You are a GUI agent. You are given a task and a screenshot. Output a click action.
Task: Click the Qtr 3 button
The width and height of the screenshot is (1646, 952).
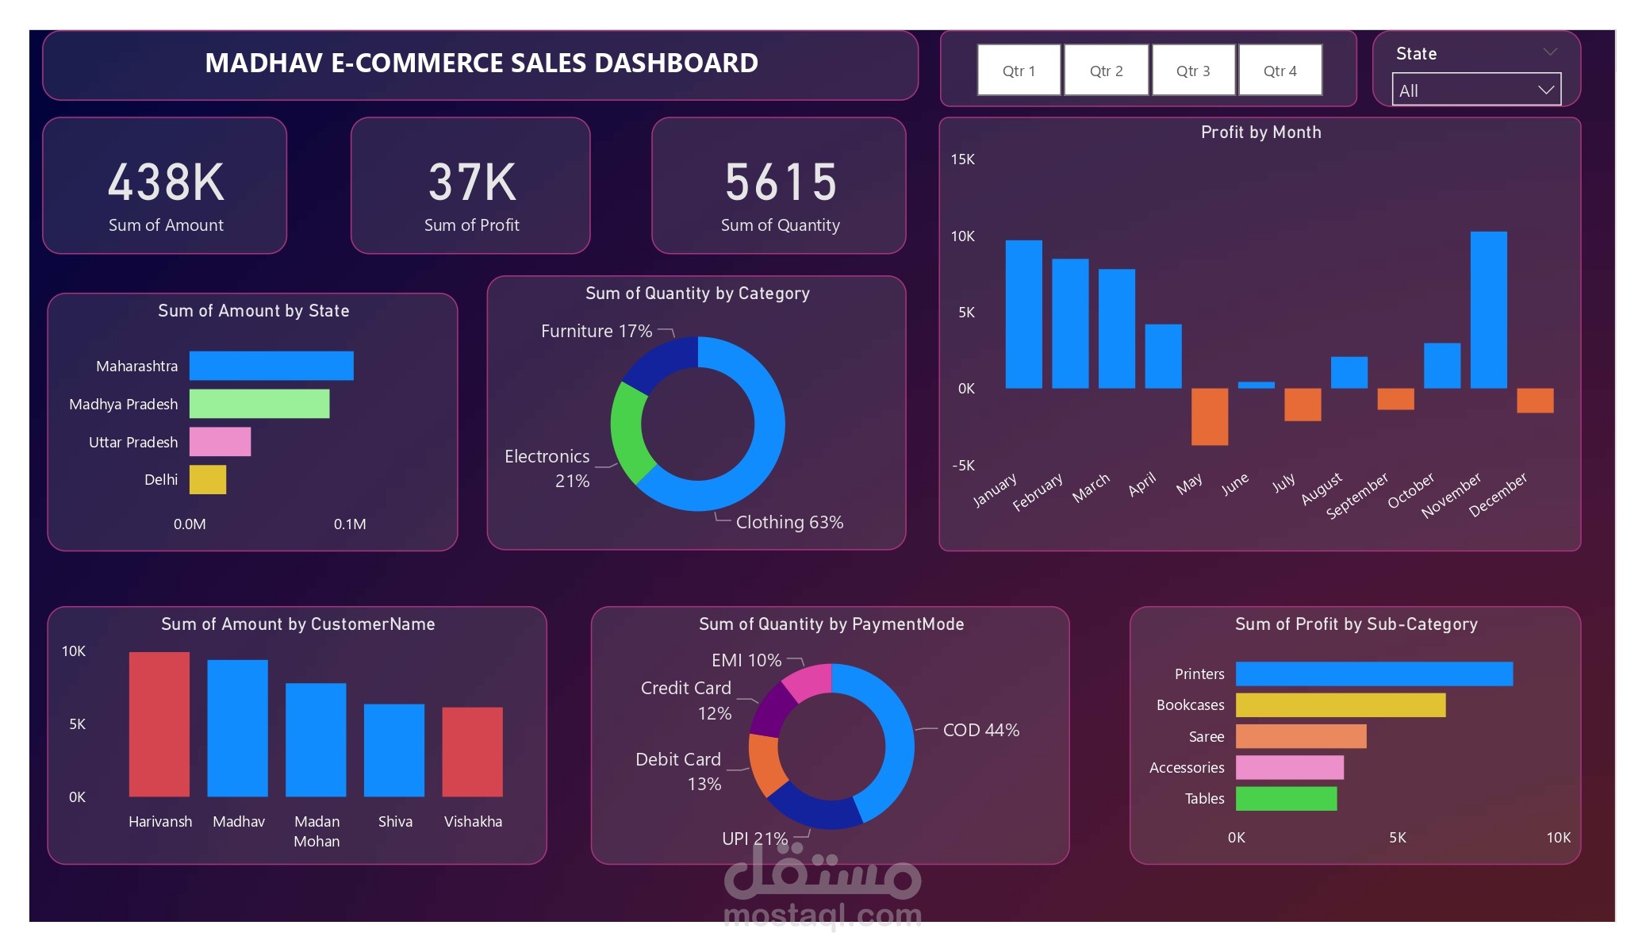1193,71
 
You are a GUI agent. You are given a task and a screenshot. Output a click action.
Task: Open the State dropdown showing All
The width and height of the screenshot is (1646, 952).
1475,90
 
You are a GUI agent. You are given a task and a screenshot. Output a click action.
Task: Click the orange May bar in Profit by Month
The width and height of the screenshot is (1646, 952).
1209,416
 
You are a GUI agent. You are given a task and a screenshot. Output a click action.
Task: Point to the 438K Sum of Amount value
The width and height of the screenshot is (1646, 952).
166,182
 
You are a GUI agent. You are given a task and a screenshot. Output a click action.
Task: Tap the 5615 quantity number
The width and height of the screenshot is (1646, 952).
781,182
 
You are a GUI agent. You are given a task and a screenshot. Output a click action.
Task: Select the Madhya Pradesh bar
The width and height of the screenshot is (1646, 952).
259,404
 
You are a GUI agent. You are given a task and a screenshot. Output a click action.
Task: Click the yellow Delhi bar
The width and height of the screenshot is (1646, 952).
207,480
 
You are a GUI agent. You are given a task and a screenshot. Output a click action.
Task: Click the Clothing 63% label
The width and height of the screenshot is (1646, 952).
788,522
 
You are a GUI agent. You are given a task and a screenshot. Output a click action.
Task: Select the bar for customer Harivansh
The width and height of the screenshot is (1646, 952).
159,724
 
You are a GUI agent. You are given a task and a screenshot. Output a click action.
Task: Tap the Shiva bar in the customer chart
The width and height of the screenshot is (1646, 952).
394,750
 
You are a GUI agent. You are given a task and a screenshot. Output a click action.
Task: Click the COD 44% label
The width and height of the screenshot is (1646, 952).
980,730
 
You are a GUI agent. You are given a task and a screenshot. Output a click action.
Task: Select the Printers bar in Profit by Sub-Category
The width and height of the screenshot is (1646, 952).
1373,674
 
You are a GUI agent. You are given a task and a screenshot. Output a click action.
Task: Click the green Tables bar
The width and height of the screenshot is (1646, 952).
1286,798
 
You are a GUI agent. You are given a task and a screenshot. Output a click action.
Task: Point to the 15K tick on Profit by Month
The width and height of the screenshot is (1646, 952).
962,159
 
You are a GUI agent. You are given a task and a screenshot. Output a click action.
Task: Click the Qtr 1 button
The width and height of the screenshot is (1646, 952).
1019,71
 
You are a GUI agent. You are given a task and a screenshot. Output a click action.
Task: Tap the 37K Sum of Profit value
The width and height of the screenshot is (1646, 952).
472,182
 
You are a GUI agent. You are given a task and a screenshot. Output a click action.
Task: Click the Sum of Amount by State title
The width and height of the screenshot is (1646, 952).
253,311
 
